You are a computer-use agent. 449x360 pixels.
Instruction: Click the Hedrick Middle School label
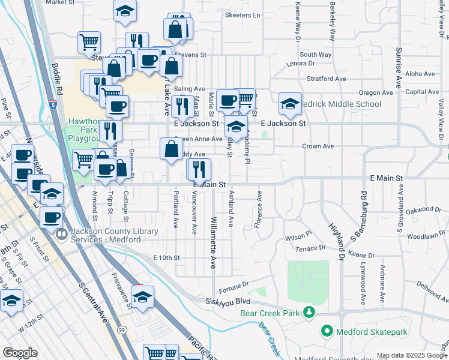[343, 104]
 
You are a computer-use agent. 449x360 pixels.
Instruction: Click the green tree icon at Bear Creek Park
[309, 312]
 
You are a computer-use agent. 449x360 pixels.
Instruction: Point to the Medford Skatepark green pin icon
[327, 331]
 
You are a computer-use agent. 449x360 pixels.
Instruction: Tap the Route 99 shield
[122, 331]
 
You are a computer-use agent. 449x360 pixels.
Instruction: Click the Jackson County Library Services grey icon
[62, 235]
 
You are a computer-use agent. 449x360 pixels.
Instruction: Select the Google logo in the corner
[20, 353]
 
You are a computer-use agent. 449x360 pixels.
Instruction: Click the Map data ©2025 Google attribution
[412, 355]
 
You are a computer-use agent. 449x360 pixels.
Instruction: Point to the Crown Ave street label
[318, 146]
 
